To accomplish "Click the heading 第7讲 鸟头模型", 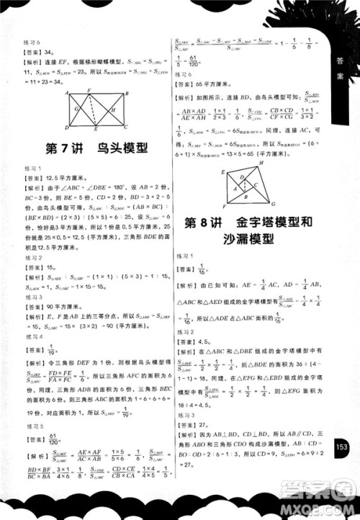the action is tap(96, 149).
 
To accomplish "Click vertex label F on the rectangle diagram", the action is tap(89, 92).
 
